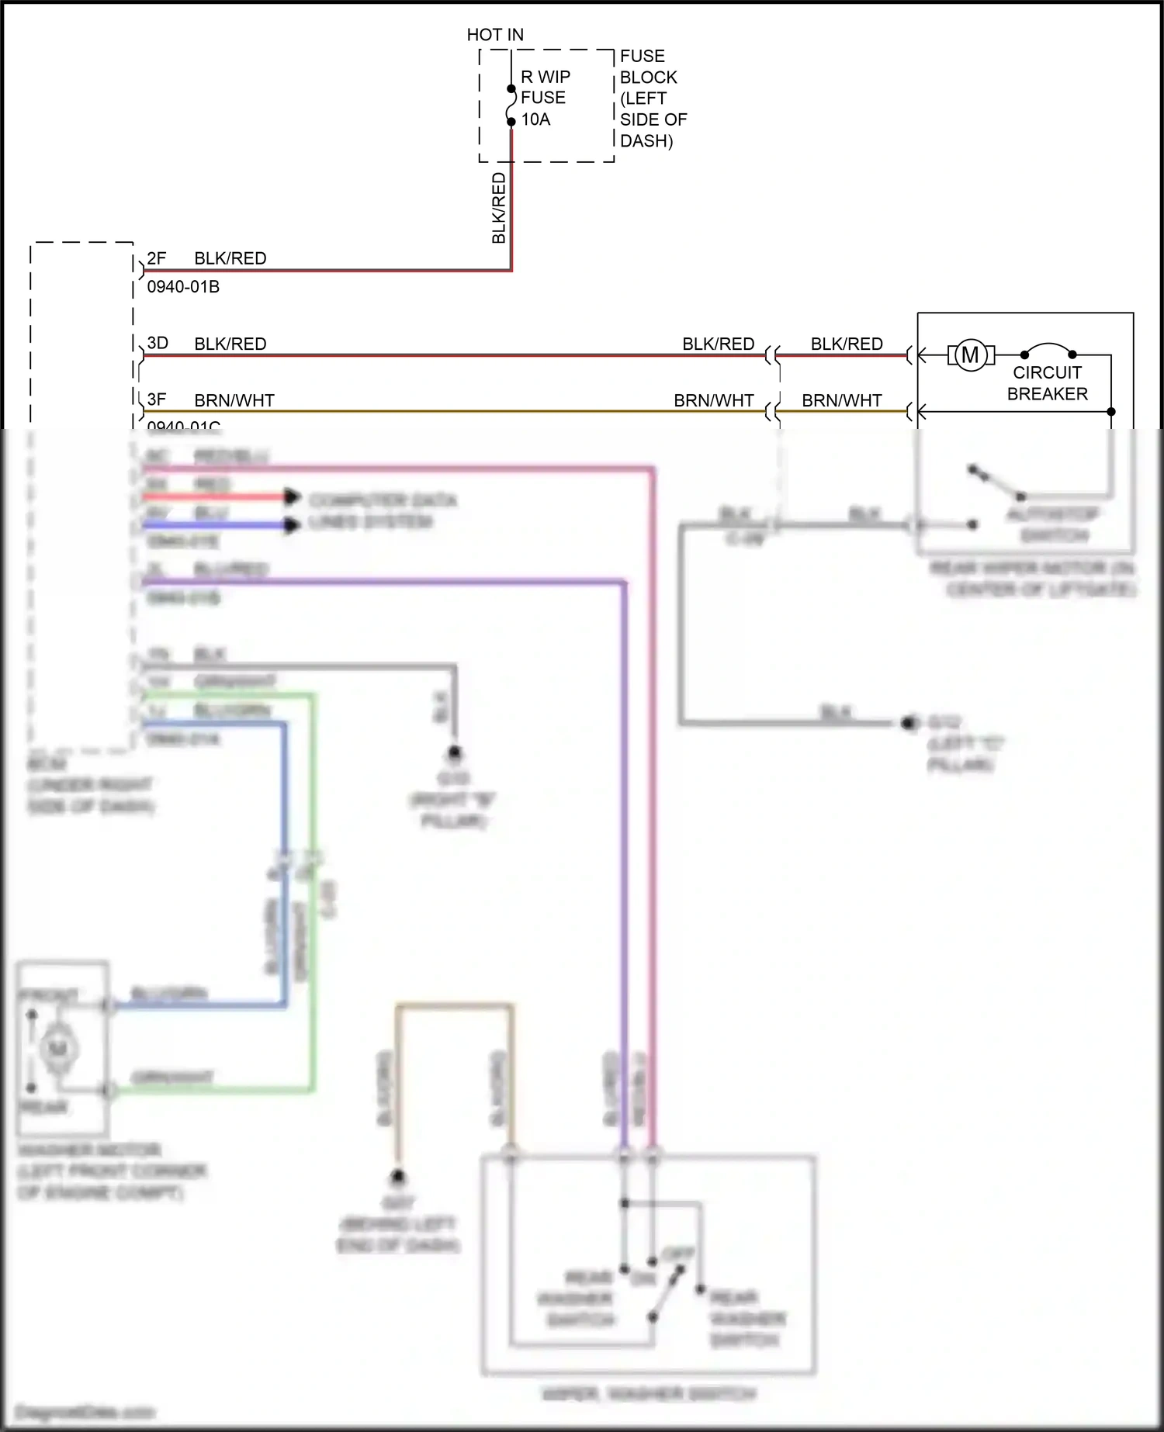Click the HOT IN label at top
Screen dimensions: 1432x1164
click(495, 35)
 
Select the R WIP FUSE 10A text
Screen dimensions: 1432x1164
click(545, 98)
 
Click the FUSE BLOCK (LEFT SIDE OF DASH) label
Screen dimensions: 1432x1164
click(652, 99)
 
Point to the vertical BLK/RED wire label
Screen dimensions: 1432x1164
click(499, 208)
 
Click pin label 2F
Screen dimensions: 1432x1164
click(157, 258)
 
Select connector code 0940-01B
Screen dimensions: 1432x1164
click(183, 287)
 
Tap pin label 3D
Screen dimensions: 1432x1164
click(158, 343)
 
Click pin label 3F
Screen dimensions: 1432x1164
click(157, 400)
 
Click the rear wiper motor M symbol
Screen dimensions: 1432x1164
click(970, 355)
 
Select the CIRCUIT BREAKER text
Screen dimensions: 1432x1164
click(1047, 383)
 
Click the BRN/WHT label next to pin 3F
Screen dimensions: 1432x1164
click(234, 400)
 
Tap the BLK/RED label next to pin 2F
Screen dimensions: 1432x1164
click(230, 258)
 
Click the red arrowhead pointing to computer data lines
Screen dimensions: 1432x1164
click(292, 496)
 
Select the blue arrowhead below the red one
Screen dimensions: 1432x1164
click(292, 525)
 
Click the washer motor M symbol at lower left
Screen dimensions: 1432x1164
click(58, 1050)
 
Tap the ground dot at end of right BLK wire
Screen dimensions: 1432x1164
click(908, 723)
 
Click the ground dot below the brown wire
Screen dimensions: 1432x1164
click(398, 1178)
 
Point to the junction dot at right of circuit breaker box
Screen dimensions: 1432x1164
click(1110, 412)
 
